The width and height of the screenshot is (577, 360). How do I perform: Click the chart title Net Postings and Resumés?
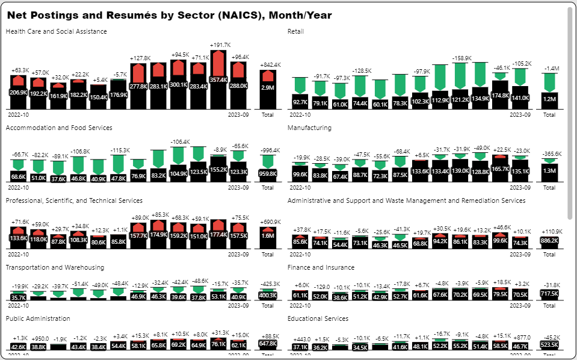click(x=169, y=14)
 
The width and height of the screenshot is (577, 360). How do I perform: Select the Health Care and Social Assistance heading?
click(x=57, y=31)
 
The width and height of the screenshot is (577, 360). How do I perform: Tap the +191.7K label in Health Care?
click(x=220, y=45)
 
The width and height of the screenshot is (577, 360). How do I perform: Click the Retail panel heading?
click(x=296, y=31)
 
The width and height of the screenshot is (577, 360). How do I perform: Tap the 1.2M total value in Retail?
click(x=549, y=99)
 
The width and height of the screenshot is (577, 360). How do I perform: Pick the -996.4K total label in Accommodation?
click(x=268, y=151)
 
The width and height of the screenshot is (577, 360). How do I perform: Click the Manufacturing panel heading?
click(x=310, y=128)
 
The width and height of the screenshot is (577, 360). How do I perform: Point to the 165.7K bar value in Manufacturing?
click(x=500, y=170)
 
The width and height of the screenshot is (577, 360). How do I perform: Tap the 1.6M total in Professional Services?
click(x=268, y=236)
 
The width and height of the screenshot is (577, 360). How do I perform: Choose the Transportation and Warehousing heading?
click(x=55, y=267)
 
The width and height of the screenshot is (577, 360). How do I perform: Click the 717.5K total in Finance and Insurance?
click(x=549, y=293)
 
